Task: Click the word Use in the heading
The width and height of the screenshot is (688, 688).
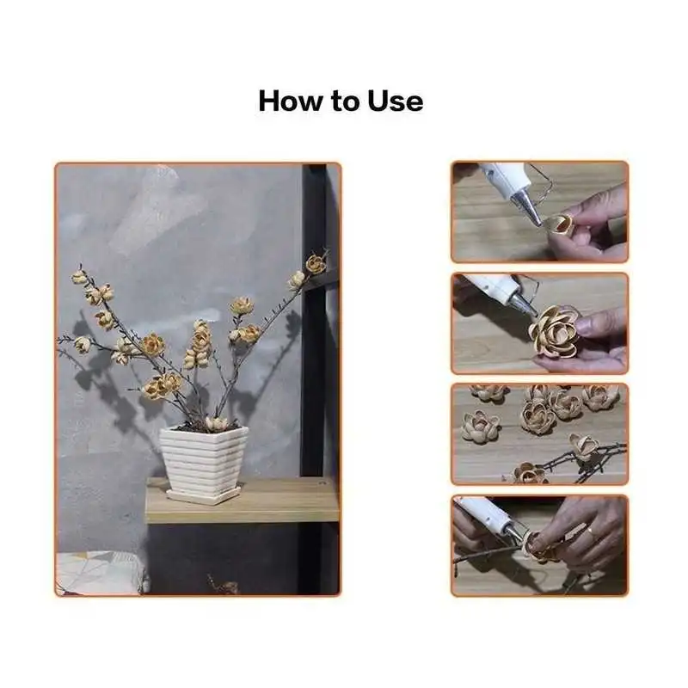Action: (x=396, y=101)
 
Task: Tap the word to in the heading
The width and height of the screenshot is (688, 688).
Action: (x=346, y=101)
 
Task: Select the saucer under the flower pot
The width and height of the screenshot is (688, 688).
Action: (x=204, y=494)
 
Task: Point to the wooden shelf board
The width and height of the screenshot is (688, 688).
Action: (x=243, y=501)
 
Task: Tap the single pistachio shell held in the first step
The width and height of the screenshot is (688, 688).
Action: (x=558, y=224)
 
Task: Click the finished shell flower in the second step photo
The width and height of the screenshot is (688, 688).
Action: (x=555, y=330)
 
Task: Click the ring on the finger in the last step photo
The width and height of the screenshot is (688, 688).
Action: (x=591, y=533)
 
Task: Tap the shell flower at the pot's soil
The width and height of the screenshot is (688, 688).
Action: (x=217, y=424)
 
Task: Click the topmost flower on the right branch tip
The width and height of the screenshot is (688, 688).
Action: (x=316, y=263)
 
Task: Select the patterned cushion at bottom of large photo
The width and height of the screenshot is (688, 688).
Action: (x=100, y=573)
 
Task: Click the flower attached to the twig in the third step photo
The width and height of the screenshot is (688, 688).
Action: (x=583, y=446)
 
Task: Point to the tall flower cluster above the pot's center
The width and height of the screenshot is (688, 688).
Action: (x=198, y=344)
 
